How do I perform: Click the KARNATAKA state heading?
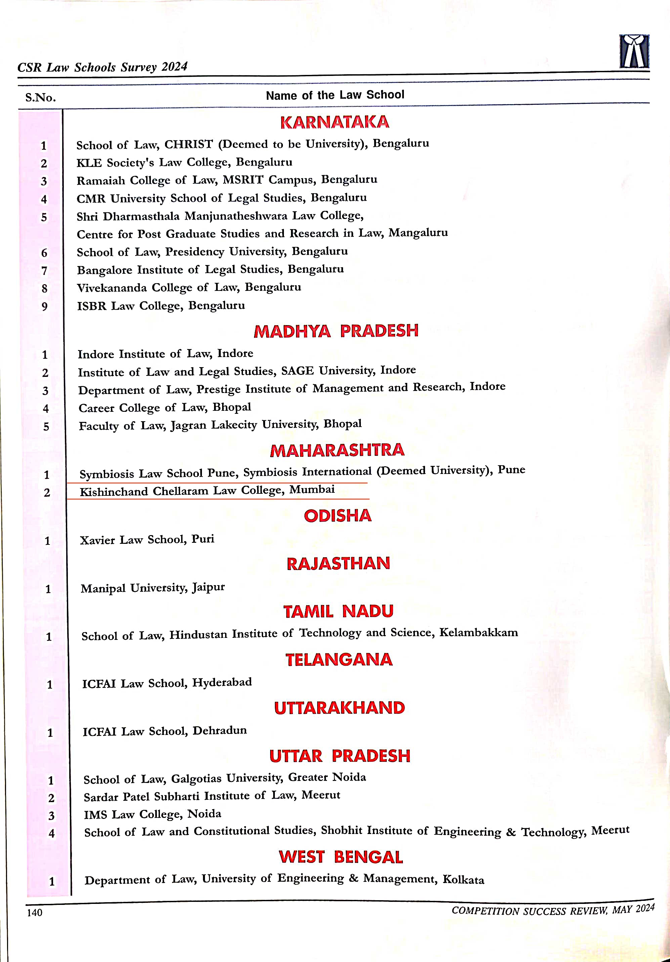click(x=334, y=122)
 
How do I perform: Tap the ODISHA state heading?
click(x=338, y=516)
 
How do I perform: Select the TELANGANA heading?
click(x=339, y=659)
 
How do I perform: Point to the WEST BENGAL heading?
click(x=341, y=857)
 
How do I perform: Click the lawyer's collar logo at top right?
click(x=634, y=51)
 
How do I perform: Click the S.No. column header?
click(x=40, y=98)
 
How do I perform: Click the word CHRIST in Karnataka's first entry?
click(x=189, y=144)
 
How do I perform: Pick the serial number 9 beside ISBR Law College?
click(x=44, y=306)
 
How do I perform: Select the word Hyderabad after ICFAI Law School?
click(x=222, y=683)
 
